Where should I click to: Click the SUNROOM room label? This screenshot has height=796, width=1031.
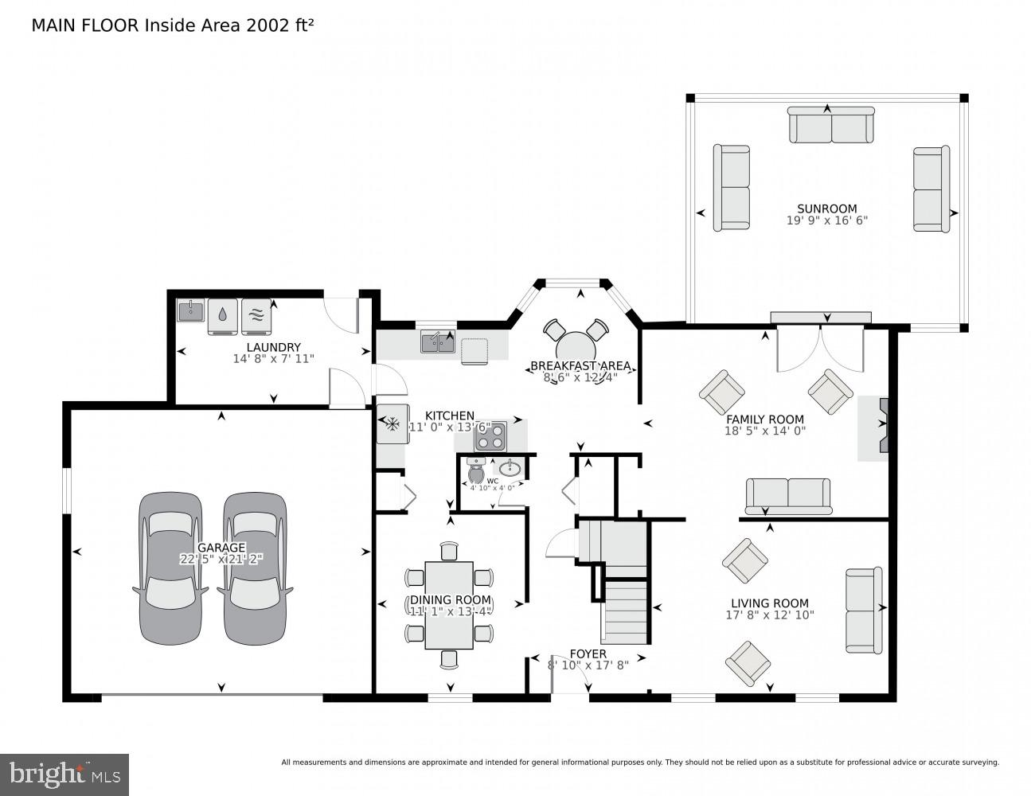point(826,209)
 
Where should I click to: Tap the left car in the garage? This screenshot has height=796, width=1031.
point(170,568)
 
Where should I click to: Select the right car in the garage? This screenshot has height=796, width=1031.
point(254,568)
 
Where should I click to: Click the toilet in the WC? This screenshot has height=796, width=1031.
point(477,473)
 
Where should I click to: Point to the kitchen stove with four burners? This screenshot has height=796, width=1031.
point(490,436)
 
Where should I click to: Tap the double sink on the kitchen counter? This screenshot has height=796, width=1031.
point(437,342)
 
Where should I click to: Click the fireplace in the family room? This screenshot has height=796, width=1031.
point(881,428)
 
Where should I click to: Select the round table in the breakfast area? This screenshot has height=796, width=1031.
point(580,348)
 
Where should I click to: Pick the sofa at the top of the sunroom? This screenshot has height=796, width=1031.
point(830,126)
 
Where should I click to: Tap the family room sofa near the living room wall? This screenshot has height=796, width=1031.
point(787,495)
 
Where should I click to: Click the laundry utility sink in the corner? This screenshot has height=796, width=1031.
point(191,310)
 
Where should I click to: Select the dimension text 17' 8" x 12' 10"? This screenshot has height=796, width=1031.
point(769,615)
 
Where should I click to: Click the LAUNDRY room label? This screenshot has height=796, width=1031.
point(273,347)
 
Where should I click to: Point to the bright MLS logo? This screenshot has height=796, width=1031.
point(64,774)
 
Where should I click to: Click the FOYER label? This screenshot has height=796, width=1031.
point(588,654)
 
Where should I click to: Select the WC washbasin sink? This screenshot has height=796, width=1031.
point(510,469)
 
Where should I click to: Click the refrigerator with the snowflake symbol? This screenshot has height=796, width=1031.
point(392,423)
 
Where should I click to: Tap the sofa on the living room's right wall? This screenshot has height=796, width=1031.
point(863,610)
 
